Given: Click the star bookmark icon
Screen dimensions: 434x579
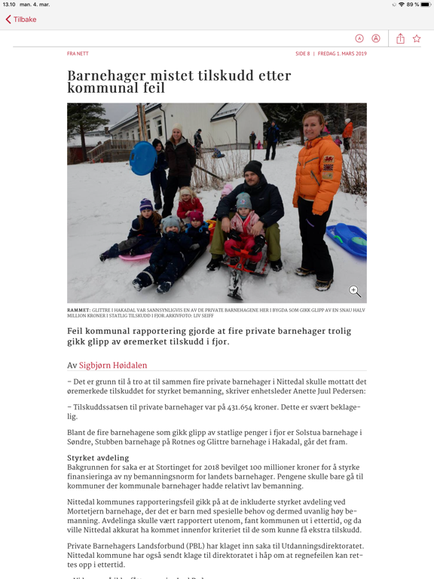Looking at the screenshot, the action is (417, 38).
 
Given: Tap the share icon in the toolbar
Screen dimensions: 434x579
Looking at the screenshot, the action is (400, 38).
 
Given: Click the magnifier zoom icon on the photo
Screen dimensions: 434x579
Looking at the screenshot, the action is (354, 291).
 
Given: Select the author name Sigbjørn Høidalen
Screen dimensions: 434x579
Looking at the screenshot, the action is (113, 366).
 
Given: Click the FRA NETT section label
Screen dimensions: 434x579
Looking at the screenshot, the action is (78, 54).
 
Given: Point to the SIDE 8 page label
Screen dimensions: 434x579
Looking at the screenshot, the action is (302, 54).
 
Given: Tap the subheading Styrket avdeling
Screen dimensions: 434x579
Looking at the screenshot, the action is (98, 458).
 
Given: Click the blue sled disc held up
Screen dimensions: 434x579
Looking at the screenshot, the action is (142, 158).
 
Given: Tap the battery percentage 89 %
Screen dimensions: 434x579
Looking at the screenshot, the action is (412, 5).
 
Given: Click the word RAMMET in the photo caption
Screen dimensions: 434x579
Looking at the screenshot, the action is (78, 310).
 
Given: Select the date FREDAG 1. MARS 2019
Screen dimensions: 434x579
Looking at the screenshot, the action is (342, 54).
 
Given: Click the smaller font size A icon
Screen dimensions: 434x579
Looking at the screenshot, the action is (359, 38).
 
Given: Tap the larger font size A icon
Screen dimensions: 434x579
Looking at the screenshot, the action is (376, 38).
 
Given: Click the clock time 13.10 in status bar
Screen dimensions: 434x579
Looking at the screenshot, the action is (9, 5).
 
